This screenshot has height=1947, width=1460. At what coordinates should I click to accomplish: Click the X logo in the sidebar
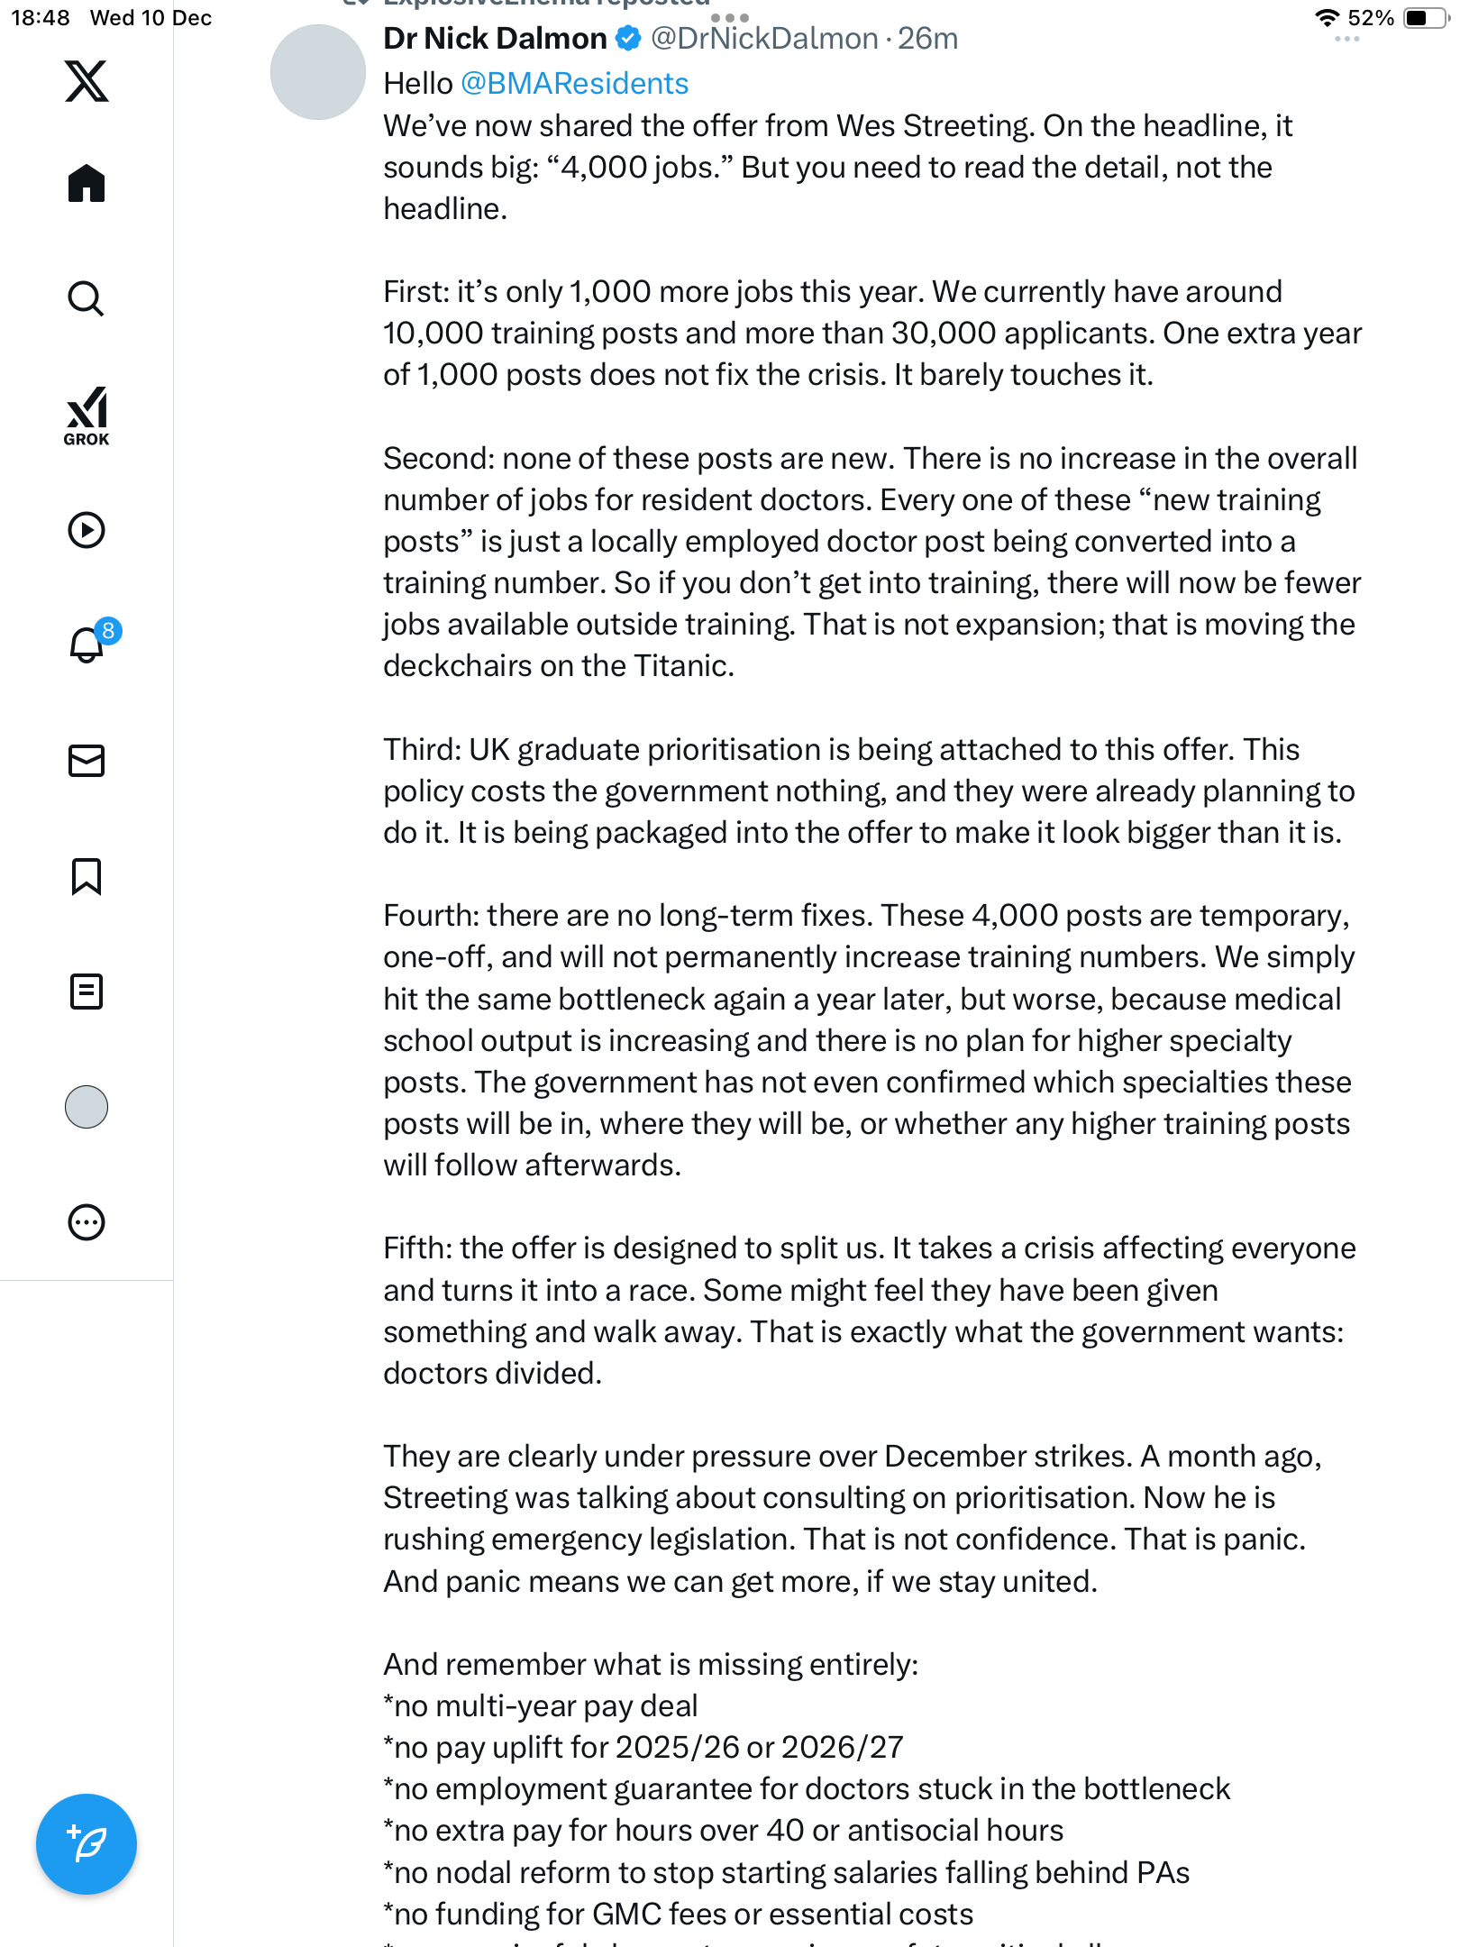(87, 81)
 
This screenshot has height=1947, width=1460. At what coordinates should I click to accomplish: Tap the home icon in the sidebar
(87, 184)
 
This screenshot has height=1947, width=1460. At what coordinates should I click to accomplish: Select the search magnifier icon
(87, 298)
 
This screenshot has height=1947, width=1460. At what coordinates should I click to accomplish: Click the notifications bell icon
(87, 644)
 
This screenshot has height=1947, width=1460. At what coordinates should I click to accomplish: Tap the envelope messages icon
(87, 761)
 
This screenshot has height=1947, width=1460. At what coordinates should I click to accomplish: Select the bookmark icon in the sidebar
(87, 876)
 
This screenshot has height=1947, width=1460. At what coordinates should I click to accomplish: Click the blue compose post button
(87, 1844)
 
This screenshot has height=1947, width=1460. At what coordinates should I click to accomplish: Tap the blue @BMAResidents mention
(574, 83)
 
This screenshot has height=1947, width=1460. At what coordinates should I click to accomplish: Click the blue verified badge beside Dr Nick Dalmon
(628, 39)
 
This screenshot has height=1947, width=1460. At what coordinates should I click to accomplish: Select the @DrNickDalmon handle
(764, 39)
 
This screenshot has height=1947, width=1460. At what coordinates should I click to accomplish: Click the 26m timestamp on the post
(927, 39)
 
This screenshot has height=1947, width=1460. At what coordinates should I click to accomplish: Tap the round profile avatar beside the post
(317, 72)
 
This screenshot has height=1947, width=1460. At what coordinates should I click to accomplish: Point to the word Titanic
(682, 666)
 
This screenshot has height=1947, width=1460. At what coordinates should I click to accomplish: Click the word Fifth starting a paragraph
(416, 1248)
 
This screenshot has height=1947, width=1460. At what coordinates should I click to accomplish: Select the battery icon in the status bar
(1424, 18)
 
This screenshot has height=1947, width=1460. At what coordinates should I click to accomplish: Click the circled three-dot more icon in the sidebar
(87, 1222)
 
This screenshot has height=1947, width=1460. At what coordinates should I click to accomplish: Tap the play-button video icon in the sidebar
(87, 530)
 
